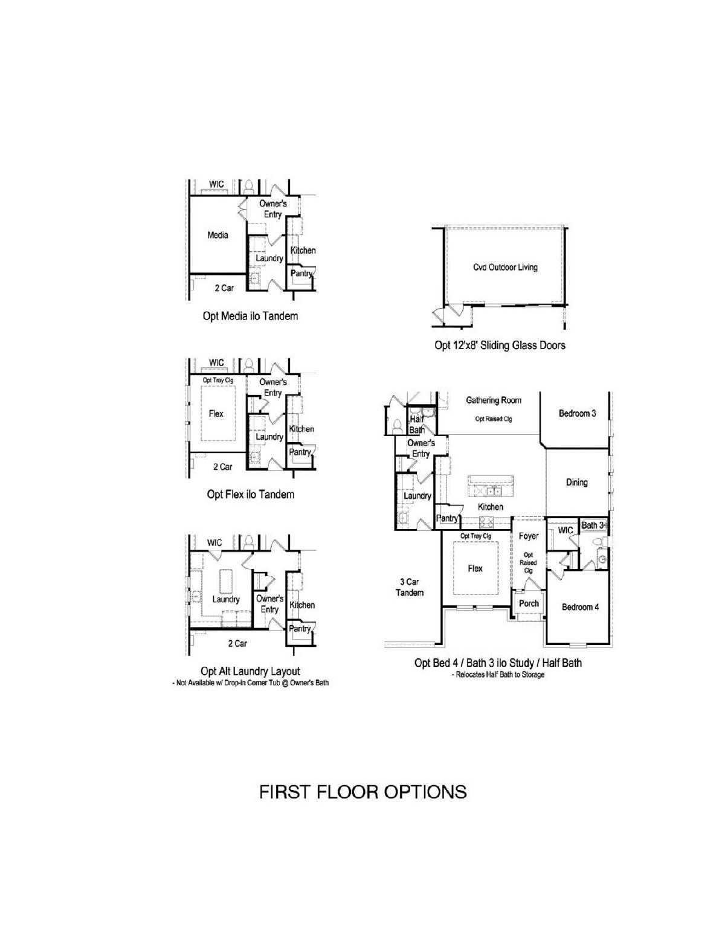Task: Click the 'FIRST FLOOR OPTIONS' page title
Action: (362, 792)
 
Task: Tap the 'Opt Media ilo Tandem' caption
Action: (251, 316)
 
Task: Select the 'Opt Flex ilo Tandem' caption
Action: (251, 494)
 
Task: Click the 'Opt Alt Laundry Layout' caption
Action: (251, 671)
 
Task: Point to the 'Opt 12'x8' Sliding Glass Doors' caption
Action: (500, 345)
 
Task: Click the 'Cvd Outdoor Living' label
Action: (505, 267)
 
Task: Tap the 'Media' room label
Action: (217, 236)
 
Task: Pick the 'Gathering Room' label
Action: (494, 400)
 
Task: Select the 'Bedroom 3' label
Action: (578, 414)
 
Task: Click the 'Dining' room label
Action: (577, 483)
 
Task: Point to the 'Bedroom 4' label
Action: (581, 608)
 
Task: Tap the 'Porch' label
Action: (529, 603)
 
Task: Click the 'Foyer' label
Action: (529, 536)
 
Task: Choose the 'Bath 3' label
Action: (593, 525)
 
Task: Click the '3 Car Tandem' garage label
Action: (410, 587)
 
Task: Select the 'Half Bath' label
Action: (417, 425)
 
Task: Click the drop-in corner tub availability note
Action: (251, 683)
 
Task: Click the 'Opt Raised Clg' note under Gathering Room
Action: (494, 419)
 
